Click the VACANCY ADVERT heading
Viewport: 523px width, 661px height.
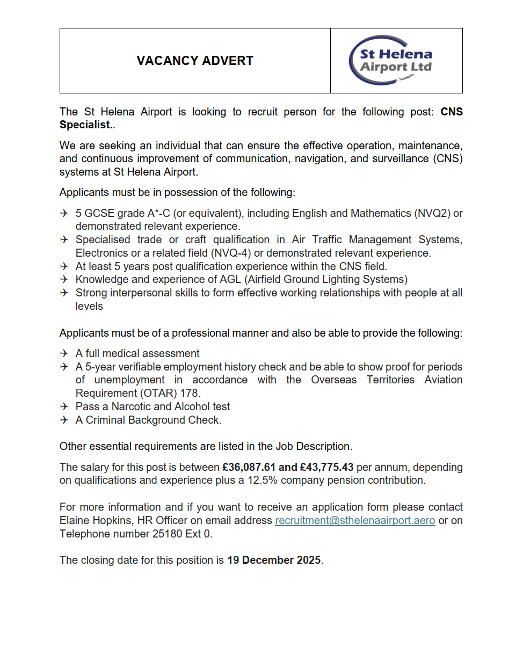pyautogui.click(x=195, y=61)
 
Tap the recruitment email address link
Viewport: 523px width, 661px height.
pyautogui.click(x=355, y=521)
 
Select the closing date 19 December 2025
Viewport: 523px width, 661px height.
pyautogui.click(x=274, y=561)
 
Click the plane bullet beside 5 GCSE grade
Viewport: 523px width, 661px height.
pyautogui.click(x=64, y=214)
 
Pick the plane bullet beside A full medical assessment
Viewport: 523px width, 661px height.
pyautogui.click(x=64, y=354)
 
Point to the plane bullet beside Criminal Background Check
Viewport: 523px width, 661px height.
pyautogui.click(x=64, y=420)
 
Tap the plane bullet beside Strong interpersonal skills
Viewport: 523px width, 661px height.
pyautogui.click(x=64, y=293)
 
